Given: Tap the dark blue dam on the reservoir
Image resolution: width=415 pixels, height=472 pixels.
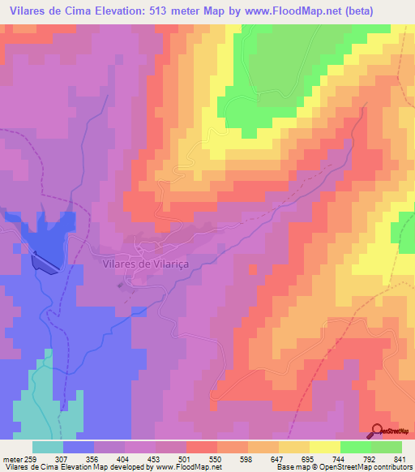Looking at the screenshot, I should click(x=45, y=262).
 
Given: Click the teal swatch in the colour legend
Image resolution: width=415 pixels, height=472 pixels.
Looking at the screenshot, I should click(x=48, y=447).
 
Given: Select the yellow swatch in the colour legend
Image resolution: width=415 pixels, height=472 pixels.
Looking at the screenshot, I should click(x=324, y=447).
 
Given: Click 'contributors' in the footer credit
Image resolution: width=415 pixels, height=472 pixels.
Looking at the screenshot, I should click(x=392, y=467).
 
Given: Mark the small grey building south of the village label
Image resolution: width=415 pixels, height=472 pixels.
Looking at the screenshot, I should click(x=122, y=284).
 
